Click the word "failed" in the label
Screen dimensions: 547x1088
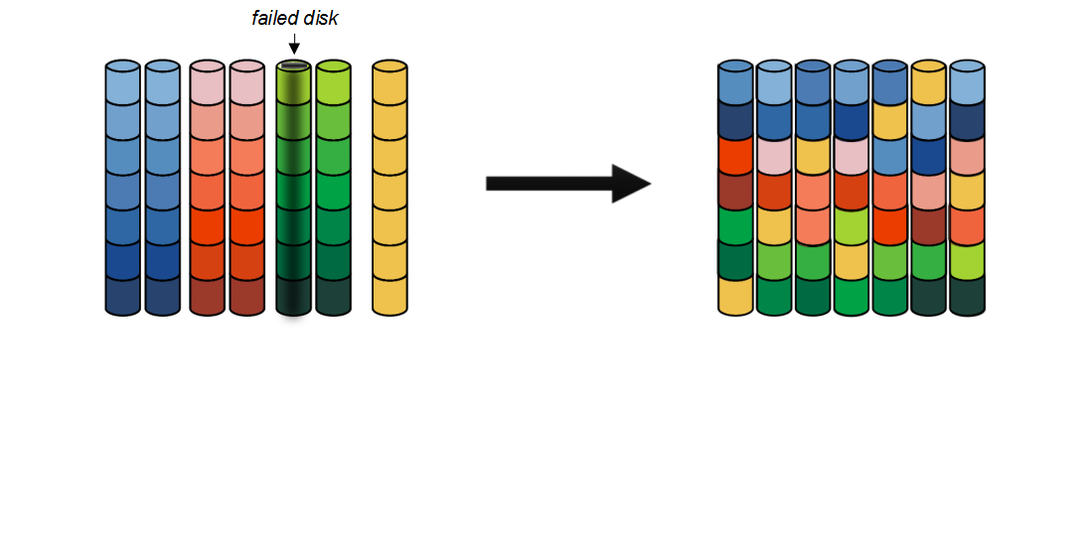pos(273,19)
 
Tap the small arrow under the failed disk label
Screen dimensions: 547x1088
pos(293,45)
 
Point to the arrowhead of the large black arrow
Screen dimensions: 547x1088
pos(630,184)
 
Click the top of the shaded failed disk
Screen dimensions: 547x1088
pos(293,67)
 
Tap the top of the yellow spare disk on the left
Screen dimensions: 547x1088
pos(390,67)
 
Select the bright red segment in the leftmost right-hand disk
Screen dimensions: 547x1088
pos(736,155)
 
